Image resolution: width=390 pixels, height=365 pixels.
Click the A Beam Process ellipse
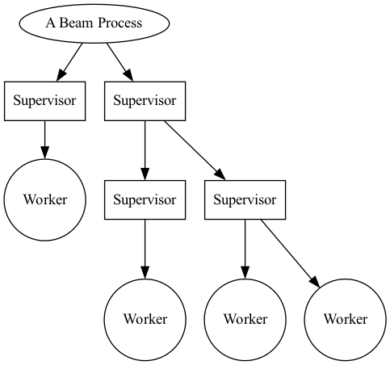tap(94, 23)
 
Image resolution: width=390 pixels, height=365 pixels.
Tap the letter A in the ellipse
tap(50, 23)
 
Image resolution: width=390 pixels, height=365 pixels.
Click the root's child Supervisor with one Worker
tap(44, 101)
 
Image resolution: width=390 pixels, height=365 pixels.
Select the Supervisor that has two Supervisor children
tap(145, 101)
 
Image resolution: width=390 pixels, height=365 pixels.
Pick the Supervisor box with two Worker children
tap(245, 199)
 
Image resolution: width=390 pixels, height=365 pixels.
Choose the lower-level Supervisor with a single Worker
tap(145, 199)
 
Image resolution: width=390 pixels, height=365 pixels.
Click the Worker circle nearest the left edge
tap(44, 199)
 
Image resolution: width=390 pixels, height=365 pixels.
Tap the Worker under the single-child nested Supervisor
tap(145, 318)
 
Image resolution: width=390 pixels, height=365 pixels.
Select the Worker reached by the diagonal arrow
tap(345, 318)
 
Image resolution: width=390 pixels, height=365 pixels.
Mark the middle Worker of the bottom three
tap(245, 318)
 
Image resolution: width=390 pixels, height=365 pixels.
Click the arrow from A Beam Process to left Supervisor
tap(70, 61)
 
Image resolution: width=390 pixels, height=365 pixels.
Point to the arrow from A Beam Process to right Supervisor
tap(119, 61)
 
